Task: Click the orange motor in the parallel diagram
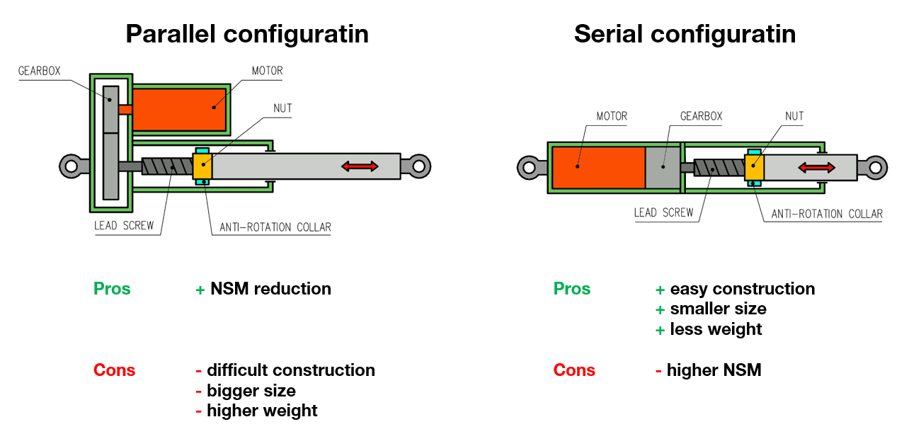pyautogui.click(x=178, y=109)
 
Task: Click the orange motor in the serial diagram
pyautogui.click(x=598, y=167)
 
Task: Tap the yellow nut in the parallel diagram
pyautogui.click(x=202, y=166)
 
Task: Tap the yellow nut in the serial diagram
pyautogui.click(x=754, y=167)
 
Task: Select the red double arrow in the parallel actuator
pyautogui.click(x=360, y=166)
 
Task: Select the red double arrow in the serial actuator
pyautogui.click(x=816, y=167)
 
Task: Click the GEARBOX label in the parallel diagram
pyautogui.click(x=40, y=71)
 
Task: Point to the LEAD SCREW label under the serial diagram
pyautogui.click(x=663, y=212)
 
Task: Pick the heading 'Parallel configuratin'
pyautogui.click(x=247, y=34)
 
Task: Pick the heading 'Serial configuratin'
pyautogui.click(x=685, y=34)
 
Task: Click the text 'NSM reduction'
pyautogui.click(x=270, y=289)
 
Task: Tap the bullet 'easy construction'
pyautogui.click(x=742, y=289)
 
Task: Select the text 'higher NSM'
pyautogui.click(x=714, y=370)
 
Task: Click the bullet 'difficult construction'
pyautogui.click(x=290, y=370)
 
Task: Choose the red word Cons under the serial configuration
pyautogui.click(x=574, y=370)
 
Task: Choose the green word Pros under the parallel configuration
pyautogui.click(x=112, y=289)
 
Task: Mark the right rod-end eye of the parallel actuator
pyautogui.click(x=418, y=166)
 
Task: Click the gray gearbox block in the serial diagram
pyautogui.click(x=662, y=167)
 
